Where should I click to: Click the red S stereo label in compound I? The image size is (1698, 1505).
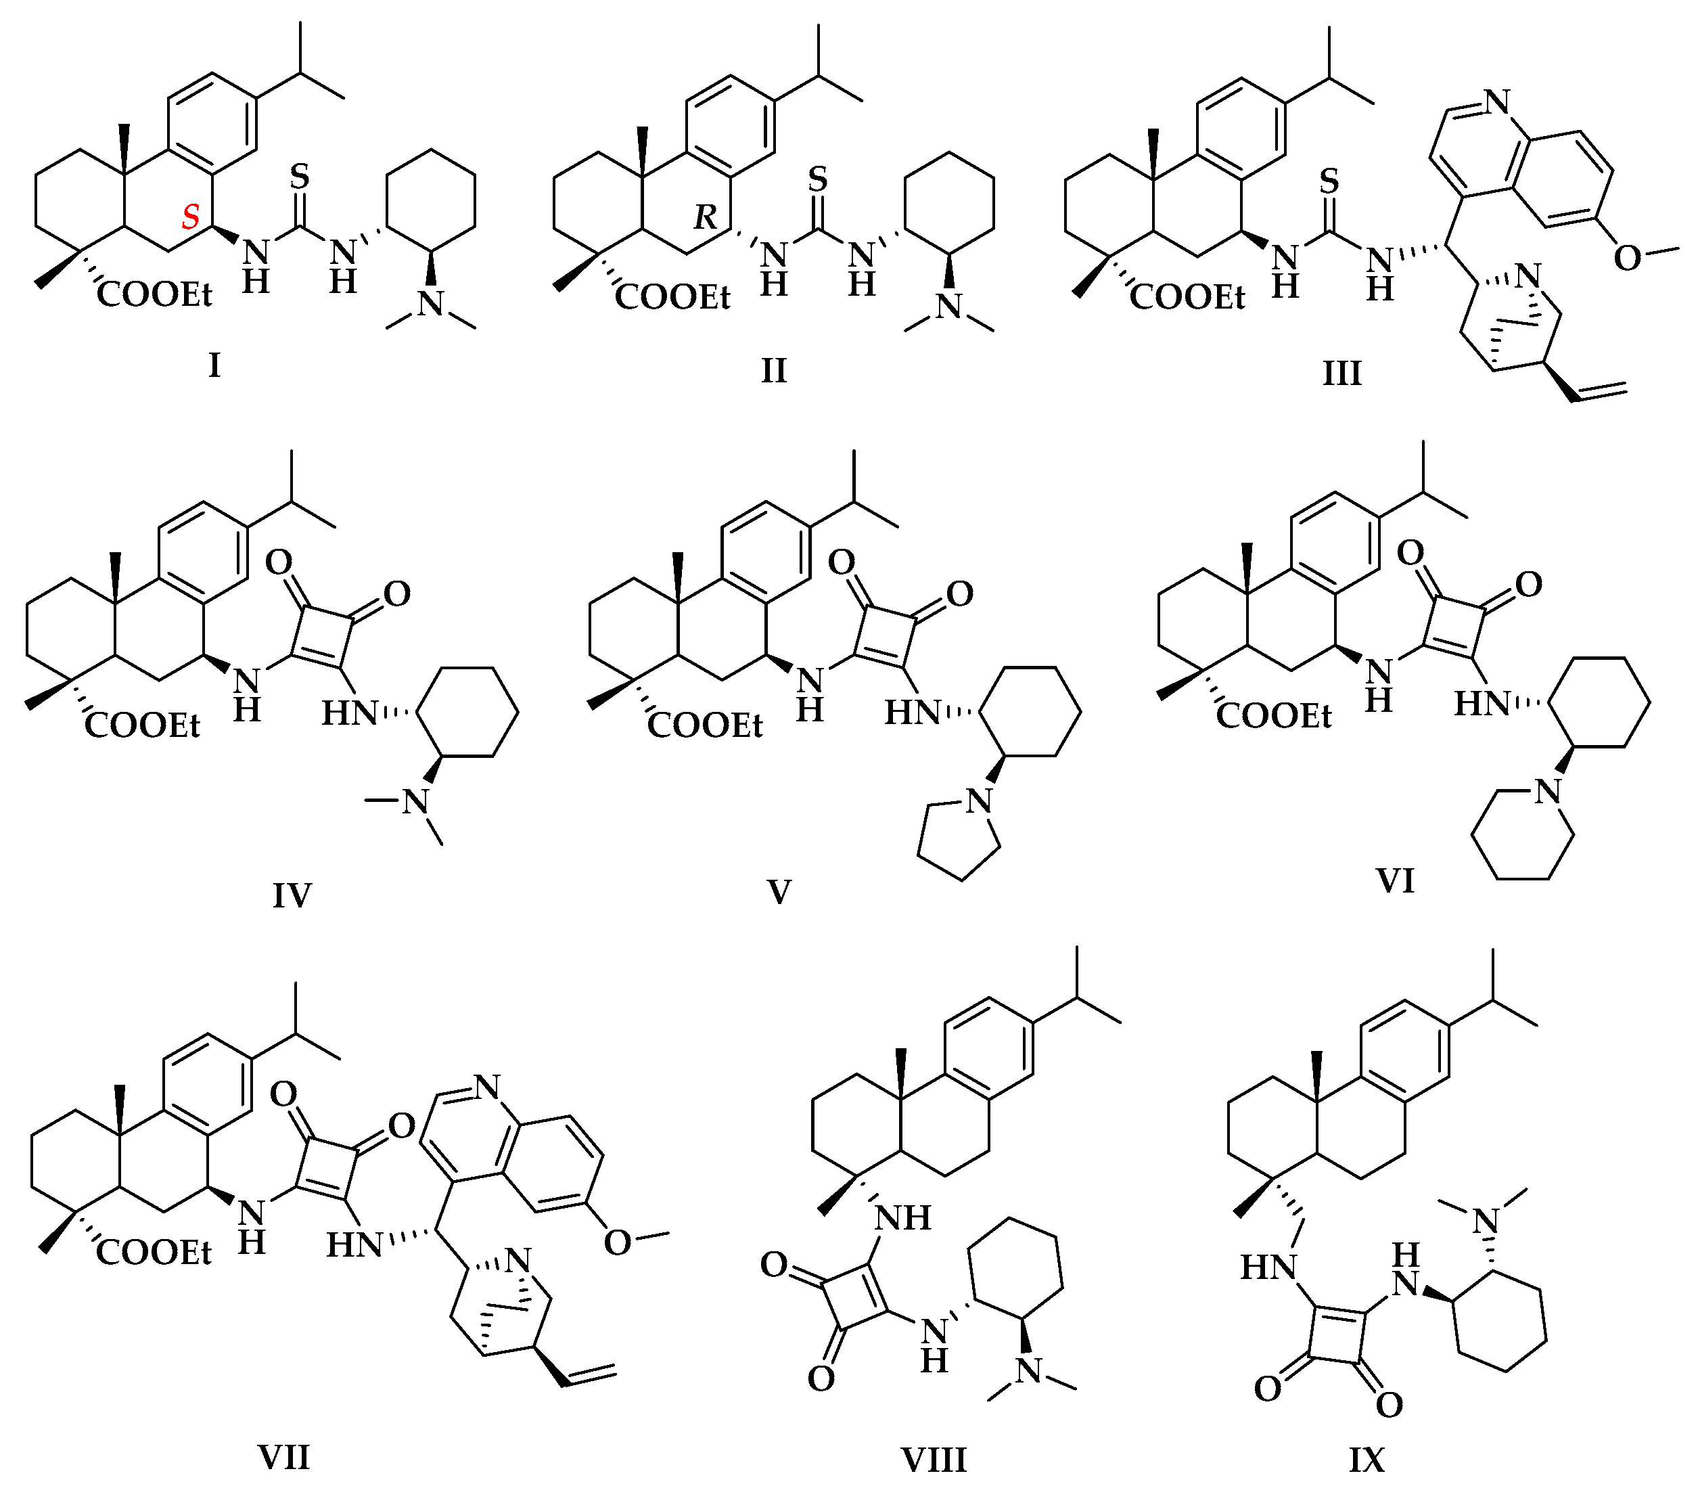point(191,218)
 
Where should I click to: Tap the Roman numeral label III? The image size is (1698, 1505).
point(1341,374)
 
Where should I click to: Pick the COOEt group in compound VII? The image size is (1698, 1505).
point(154,1253)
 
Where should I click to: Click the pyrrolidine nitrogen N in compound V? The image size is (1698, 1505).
point(980,801)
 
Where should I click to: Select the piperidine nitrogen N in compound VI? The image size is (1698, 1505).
point(1547,791)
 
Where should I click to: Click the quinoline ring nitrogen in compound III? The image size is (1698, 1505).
point(1496,102)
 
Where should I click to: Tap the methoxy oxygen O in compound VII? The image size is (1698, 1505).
point(617,1242)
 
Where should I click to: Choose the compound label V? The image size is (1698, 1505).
point(779,893)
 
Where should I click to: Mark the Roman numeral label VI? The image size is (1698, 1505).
point(1395,881)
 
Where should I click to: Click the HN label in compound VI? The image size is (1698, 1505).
point(1481,704)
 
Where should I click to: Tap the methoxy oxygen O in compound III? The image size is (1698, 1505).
point(1628,259)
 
